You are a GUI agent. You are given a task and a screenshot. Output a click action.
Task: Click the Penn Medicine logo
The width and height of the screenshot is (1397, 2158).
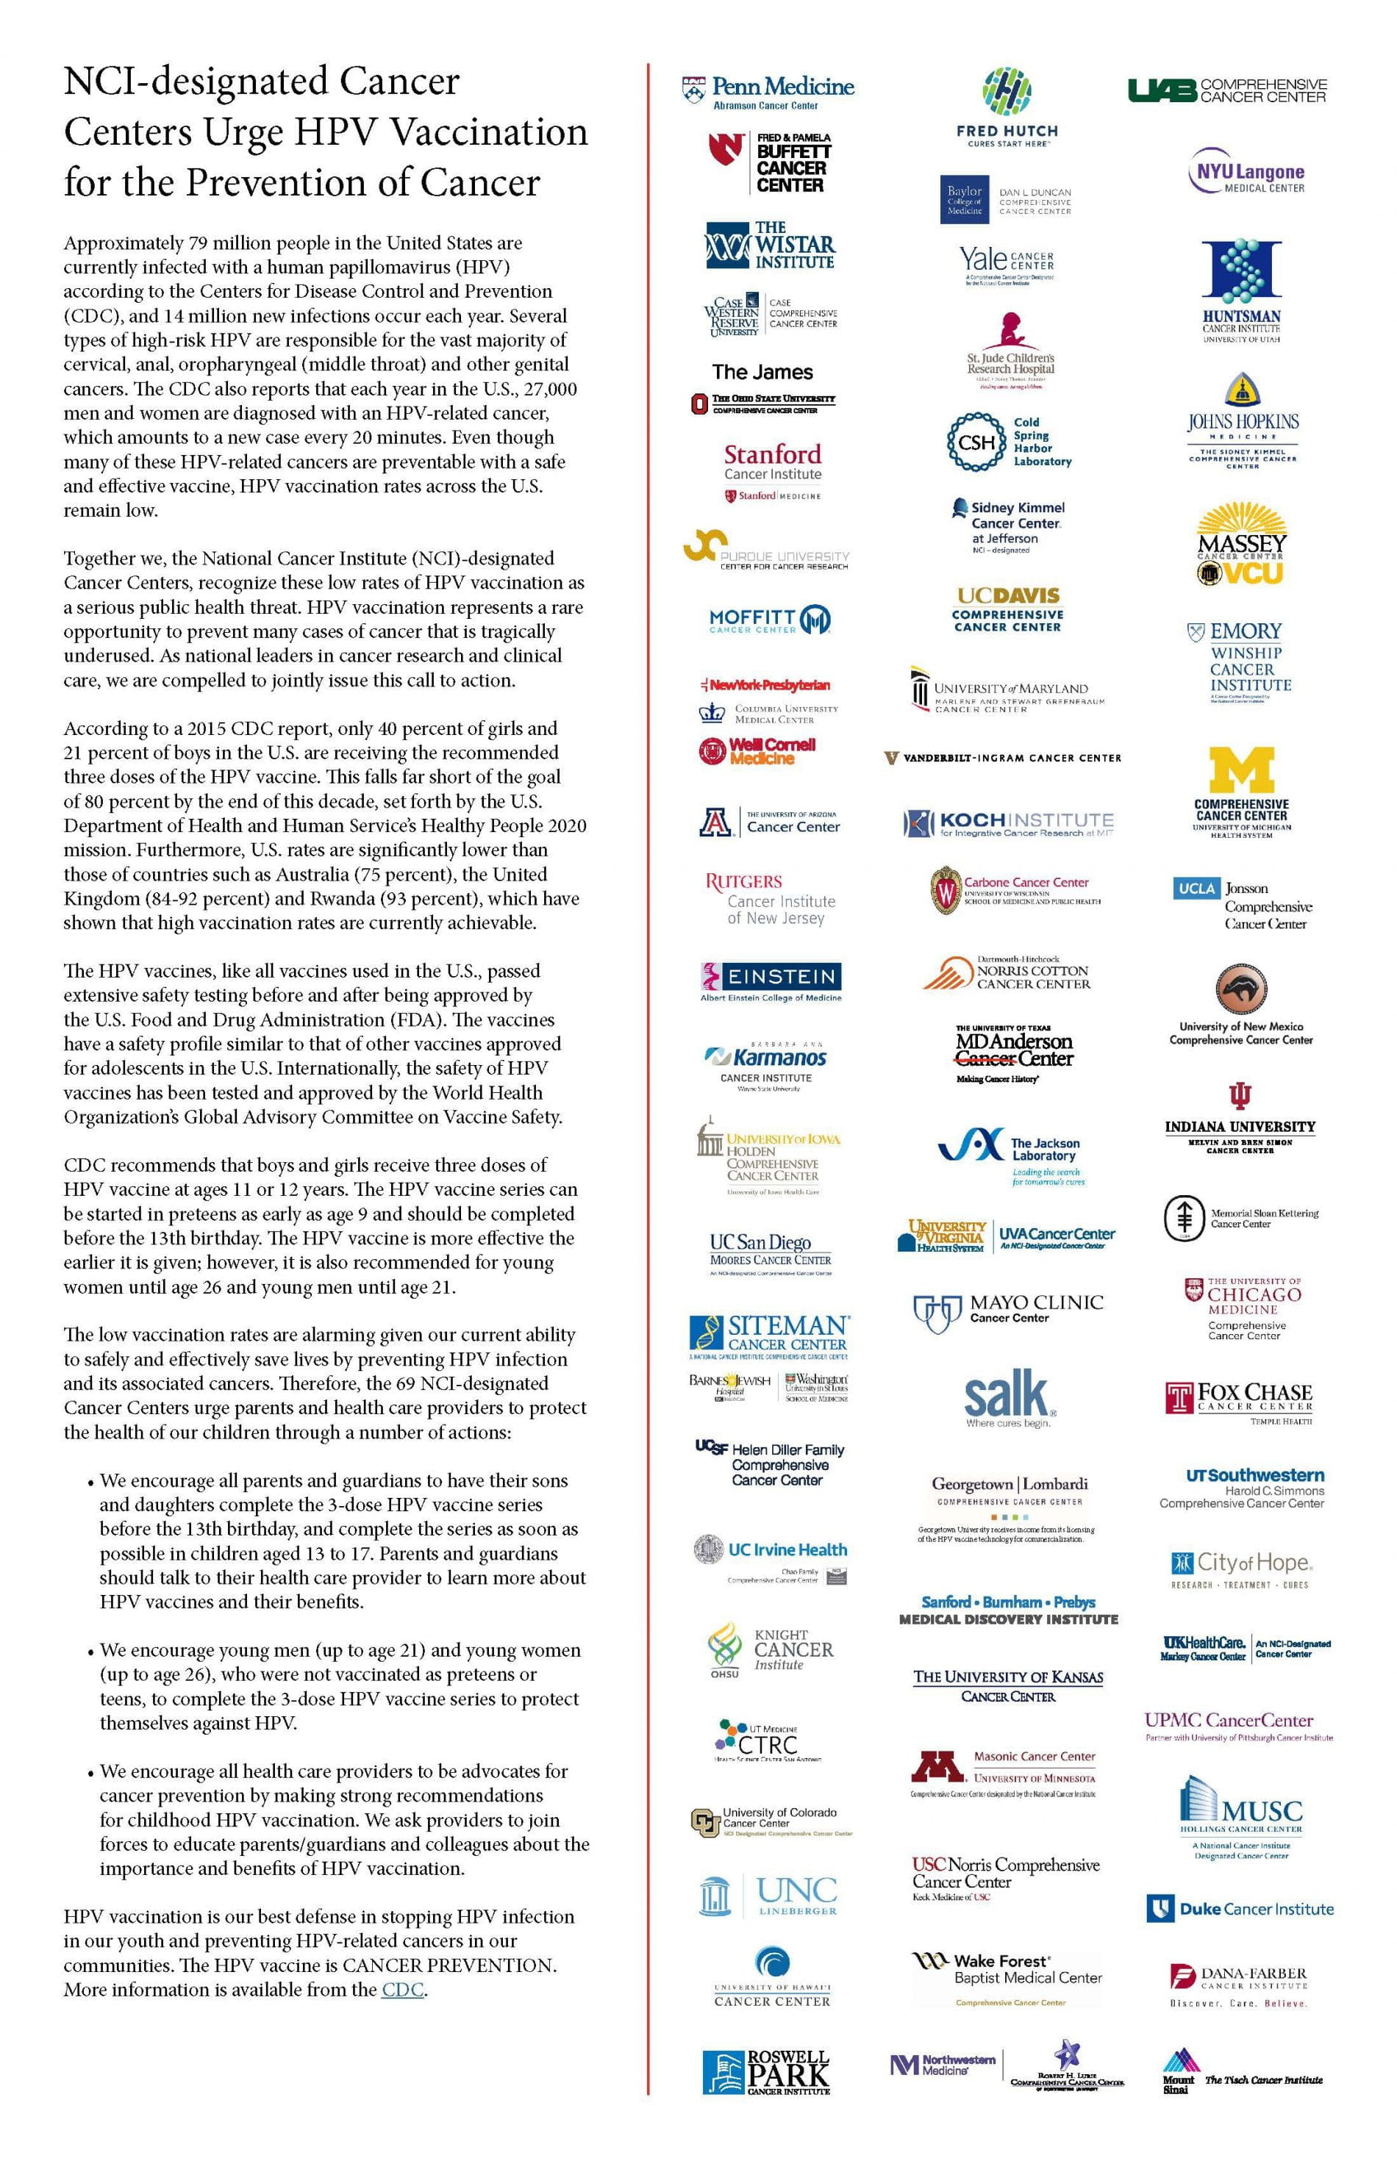click(768, 92)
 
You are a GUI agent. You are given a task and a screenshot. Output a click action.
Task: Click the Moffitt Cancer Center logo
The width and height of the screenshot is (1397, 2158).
click(770, 620)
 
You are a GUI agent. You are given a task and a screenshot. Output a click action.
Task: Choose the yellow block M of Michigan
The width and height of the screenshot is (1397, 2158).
click(1242, 771)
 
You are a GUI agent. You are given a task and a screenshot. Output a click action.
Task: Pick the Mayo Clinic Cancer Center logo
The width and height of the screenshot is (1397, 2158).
click(1008, 1311)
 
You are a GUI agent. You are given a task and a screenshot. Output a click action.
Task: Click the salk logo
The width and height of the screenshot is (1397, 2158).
click(1007, 1398)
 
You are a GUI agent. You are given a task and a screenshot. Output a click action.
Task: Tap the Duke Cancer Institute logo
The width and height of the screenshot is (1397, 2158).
click(1240, 1909)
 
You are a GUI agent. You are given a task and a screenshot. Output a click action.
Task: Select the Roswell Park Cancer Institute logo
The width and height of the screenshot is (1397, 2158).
click(767, 2072)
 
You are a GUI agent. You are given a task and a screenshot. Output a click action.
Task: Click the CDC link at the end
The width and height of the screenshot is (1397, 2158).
click(402, 1990)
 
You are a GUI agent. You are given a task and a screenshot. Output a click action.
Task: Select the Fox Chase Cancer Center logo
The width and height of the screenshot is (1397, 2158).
click(1239, 1398)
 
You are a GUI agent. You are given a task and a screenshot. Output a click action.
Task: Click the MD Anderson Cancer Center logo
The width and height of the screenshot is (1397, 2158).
click(1013, 1052)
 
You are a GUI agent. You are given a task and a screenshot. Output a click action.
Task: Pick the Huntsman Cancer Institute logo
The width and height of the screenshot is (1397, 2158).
click(1242, 290)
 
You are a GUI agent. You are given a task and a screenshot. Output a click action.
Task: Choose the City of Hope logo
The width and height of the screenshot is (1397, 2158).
click(1241, 1569)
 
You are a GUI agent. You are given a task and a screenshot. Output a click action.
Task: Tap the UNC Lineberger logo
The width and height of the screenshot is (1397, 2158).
click(769, 1896)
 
